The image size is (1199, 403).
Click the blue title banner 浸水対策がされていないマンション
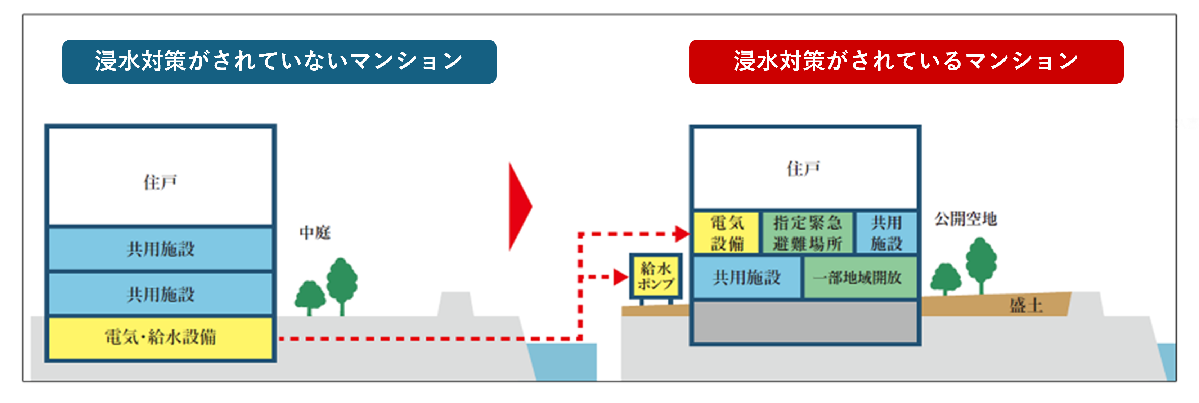tap(279, 62)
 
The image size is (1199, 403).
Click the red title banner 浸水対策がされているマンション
tap(906, 62)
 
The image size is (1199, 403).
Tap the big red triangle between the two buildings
tap(519, 207)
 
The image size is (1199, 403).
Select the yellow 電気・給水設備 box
tap(161, 338)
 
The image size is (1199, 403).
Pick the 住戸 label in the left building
tap(160, 182)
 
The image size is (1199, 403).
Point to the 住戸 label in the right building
tap(804, 169)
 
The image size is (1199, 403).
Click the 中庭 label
tap(315, 232)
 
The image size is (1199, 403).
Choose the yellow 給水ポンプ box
tap(656, 276)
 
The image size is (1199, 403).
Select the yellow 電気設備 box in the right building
tap(727, 233)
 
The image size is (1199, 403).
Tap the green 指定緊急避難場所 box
tap(808, 233)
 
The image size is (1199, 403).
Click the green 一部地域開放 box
tap(859, 278)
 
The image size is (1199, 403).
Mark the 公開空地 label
tap(966, 219)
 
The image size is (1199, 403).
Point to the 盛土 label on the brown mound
tap(1026, 305)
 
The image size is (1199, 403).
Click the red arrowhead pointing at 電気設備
tap(682, 234)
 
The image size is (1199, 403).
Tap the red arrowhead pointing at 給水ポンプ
tap(620, 277)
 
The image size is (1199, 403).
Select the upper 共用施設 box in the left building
tap(161, 249)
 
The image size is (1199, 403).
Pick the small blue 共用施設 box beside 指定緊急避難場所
tap(886, 233)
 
